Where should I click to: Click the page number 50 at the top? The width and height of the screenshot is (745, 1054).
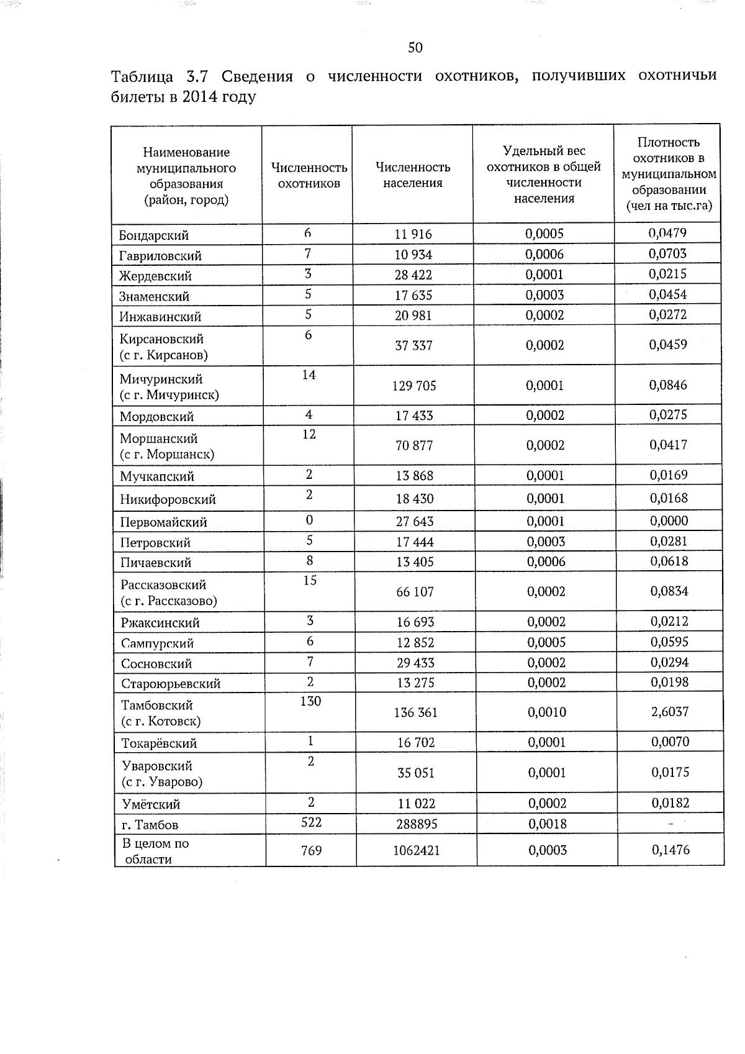coord(415,48)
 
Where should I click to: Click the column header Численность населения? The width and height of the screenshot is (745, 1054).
coord(412,175)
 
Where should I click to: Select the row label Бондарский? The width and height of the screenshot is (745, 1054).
coord(154,235)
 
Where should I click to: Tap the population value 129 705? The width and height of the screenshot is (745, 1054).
coord(414,386)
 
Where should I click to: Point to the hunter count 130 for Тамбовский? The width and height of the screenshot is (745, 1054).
coord(310,701)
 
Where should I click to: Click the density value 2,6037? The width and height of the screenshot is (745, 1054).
coord(669,712)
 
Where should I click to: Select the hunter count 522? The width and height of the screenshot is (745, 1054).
coord(310,822)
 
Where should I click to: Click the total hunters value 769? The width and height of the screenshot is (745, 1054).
coord(310,850)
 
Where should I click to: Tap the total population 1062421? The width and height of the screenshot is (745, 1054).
coord(416,850)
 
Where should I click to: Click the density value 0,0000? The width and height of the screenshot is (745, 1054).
coord(669,521)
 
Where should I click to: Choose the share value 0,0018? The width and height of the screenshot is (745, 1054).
coord(547,824)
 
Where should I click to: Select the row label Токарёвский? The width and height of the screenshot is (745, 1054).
coord(159,743)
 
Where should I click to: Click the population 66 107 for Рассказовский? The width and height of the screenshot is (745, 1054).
coord(415,592)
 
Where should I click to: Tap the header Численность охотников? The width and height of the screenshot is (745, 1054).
coord(309,176)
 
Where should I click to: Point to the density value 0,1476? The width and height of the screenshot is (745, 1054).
coord(670,850)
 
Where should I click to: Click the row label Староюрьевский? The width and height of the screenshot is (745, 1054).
coord(171,684)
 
